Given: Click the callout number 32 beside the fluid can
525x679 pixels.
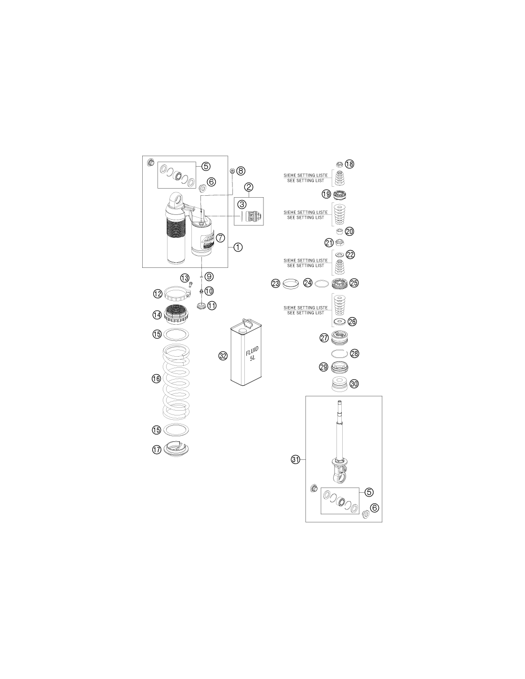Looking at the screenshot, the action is pos(223,356).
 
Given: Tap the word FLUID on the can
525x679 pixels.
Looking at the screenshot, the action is pos(252,350).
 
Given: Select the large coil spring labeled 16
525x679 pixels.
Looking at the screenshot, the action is pos(176,381).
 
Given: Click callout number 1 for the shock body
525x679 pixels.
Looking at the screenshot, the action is pos(238,247).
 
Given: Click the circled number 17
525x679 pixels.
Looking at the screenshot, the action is pos(157,449).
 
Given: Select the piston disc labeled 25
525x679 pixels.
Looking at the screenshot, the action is pos(340,283).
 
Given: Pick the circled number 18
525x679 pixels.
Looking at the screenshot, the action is pos(349,164).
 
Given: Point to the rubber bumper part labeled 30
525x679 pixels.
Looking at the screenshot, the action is pos(339,384).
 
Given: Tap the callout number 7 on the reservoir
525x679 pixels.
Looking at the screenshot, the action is pos(220,238).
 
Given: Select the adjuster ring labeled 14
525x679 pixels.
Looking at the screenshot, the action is pos(176,315).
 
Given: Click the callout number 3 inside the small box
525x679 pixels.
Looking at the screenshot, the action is pos(242,204).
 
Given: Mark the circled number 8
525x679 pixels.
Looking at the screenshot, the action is pos(241,170).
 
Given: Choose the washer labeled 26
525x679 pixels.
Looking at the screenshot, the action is pos(339,321).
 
